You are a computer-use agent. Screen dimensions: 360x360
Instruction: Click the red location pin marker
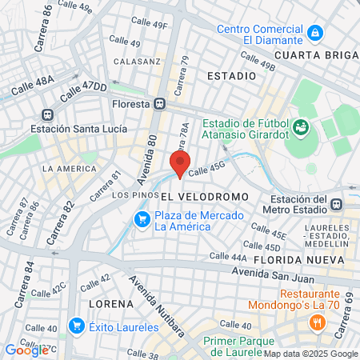[180, 162]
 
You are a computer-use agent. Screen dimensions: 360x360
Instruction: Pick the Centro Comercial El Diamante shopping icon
[316, 33]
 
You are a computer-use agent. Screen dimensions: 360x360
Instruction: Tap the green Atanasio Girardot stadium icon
[300, 127]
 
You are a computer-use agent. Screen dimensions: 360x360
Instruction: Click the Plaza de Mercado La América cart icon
[142, 218]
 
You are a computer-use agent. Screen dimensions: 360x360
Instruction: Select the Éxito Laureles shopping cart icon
[77, 325]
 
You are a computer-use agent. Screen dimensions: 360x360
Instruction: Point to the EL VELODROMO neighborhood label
[198, 196]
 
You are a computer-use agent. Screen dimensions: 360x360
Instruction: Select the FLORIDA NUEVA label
[298, 261]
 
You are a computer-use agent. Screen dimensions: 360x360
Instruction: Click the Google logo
[26, 350]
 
